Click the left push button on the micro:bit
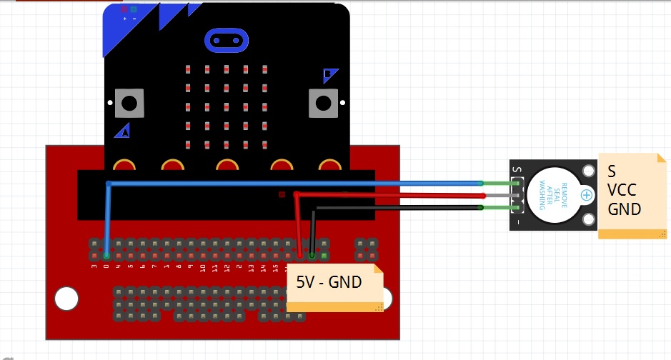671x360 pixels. coord(129,104)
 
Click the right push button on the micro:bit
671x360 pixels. coord(322,103)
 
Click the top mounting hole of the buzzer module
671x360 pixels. coord(588,171)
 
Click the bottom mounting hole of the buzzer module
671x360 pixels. coord(588,219)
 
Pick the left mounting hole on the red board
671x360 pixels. coord(66,299)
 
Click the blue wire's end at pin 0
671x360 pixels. coord(106,255)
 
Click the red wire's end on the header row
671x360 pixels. coord(300,255)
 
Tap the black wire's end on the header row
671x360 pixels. coord(312,255)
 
